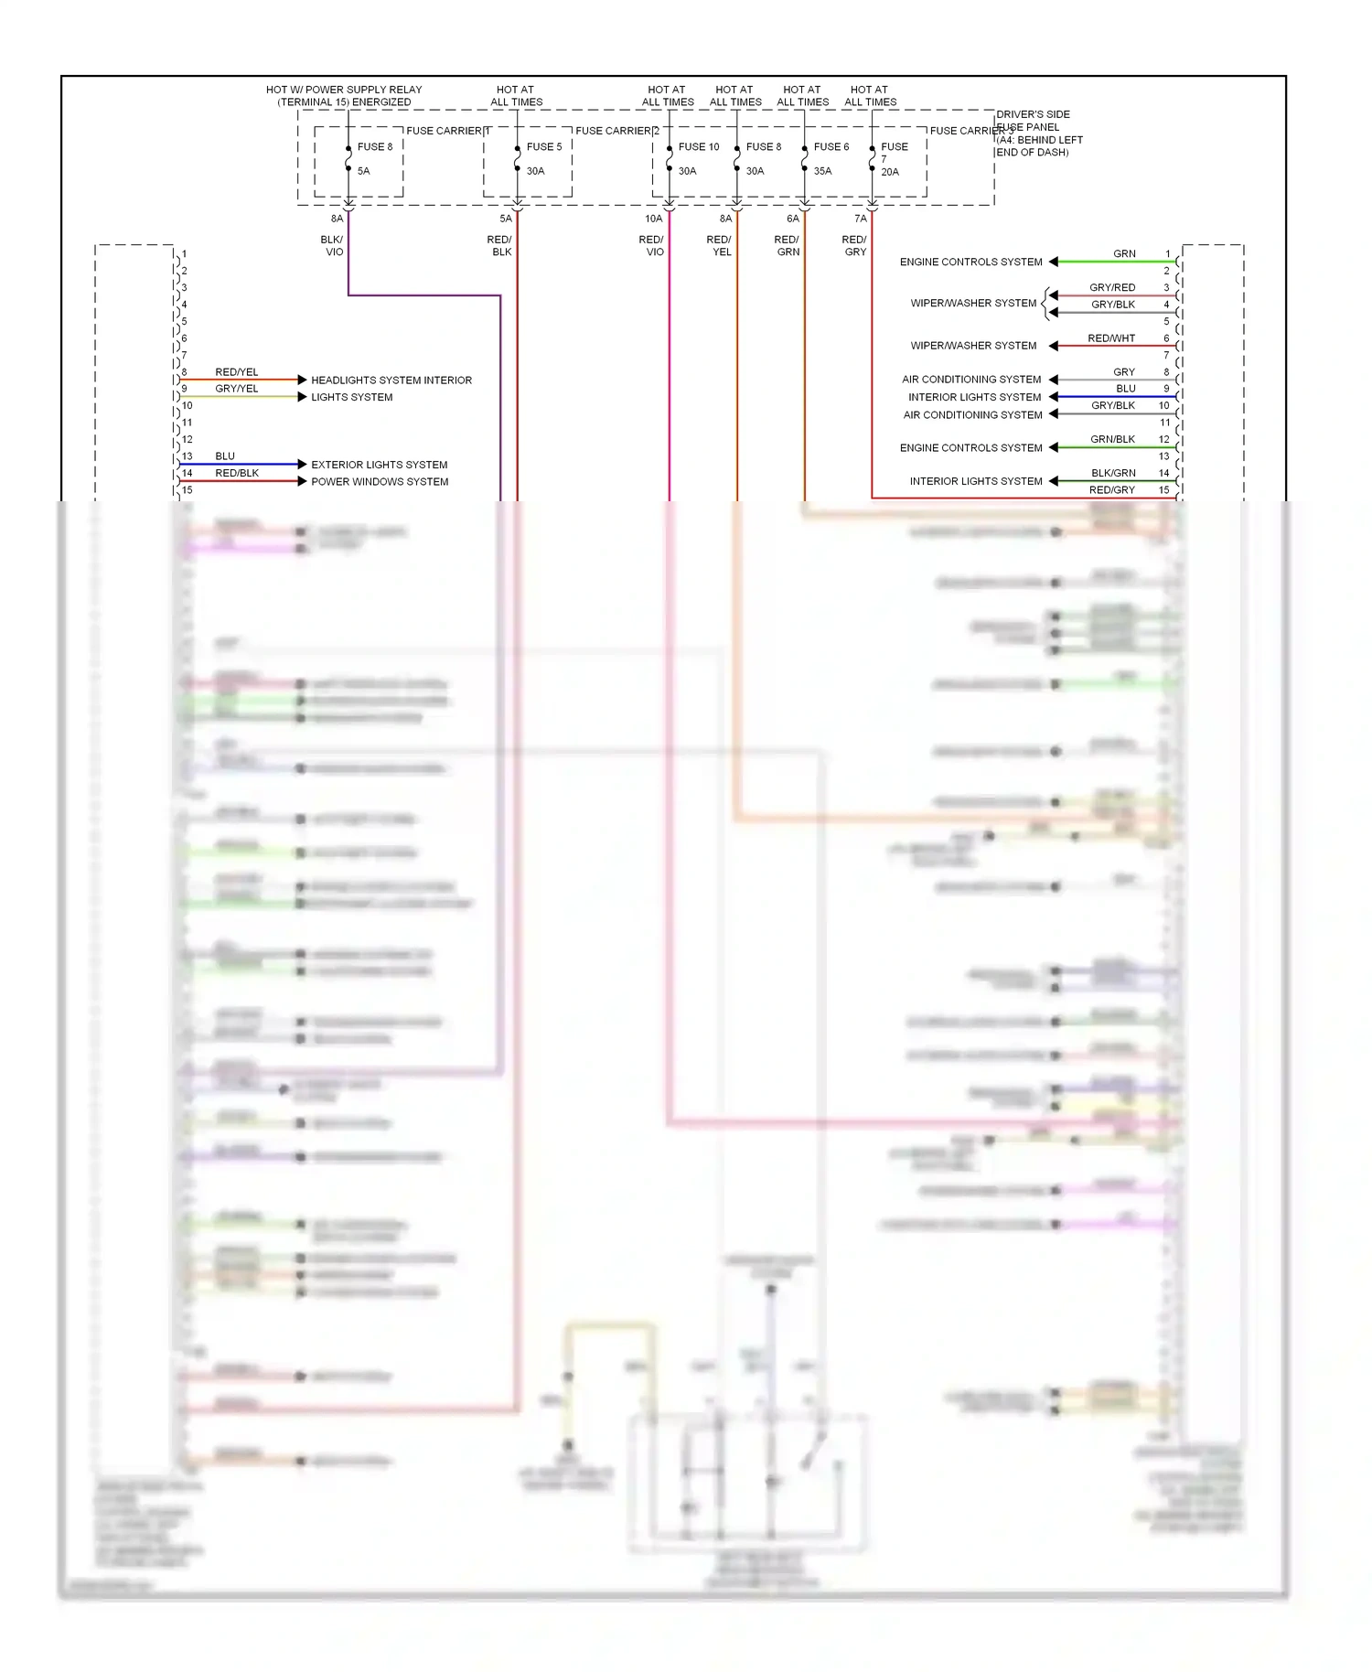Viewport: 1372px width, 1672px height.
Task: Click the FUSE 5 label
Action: (544, 146)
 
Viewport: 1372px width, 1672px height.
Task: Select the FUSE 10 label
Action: (699, 146)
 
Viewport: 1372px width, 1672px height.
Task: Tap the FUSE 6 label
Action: (831, 146)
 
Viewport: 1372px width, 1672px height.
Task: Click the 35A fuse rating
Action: (822, 171)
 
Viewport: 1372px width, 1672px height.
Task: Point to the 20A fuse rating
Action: (890, 172)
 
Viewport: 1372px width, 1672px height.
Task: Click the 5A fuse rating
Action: (363, 171)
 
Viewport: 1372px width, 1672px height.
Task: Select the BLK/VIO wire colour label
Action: (332, 246)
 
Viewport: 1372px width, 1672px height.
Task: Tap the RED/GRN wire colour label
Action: (787, 246)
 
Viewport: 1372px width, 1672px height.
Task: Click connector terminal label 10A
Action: (653, 219)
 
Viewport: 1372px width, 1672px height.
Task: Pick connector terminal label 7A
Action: (860, 219)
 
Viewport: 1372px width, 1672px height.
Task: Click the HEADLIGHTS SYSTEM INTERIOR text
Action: (391, 380)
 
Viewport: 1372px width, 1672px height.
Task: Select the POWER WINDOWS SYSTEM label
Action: (380, 482)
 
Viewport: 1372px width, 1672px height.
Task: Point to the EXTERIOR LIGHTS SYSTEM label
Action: (379, 465)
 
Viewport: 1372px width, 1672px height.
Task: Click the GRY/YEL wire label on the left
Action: (237, 389)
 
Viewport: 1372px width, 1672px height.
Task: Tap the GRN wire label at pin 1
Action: (1124, 254)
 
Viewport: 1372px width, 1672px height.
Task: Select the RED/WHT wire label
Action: (1111, 338)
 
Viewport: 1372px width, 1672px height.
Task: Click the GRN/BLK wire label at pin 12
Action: (1112, 440)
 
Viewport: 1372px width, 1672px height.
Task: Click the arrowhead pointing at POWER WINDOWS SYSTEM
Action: (302, 481)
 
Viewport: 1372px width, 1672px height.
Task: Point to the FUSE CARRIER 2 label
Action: (617, 131)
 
